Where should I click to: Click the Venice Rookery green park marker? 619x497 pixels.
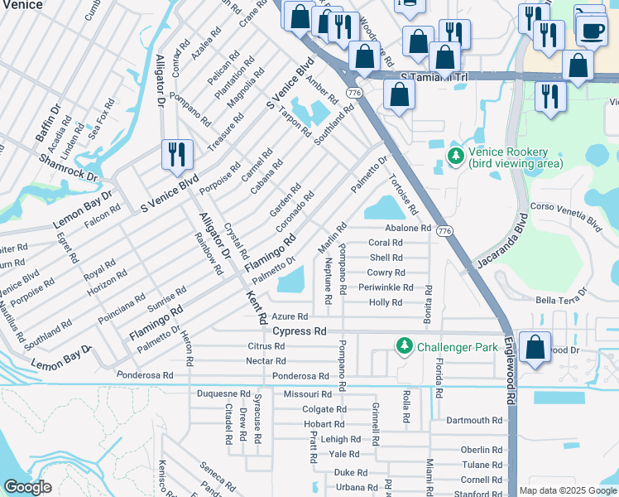(455, 155)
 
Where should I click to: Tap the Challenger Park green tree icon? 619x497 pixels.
(404, 345)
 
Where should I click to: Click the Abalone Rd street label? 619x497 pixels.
(408, 228)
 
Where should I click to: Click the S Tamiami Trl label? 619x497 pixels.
(434, 76)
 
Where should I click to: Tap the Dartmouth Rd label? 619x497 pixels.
(474, 420)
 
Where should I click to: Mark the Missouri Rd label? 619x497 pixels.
(307, 394)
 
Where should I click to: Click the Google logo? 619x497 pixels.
(28, 487)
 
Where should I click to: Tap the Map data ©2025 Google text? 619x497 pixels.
(567, 490)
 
